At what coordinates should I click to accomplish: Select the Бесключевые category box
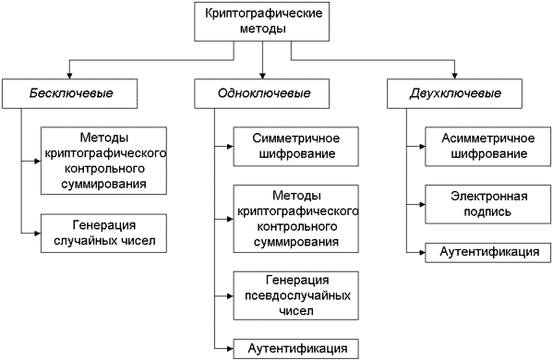[70, 94]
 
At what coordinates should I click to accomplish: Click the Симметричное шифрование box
[294, 145]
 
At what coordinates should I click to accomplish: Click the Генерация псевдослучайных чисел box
[294, 294]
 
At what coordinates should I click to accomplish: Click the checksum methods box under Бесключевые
[104, 160]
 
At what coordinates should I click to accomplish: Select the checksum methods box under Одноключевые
[294, 220]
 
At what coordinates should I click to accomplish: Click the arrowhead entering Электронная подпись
[420, 204]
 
